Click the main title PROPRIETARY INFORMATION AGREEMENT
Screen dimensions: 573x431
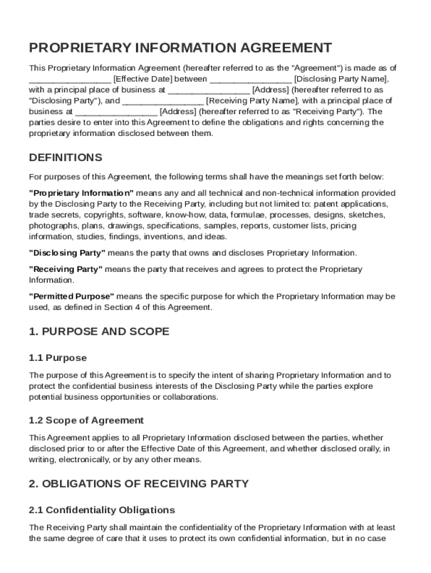tap(180, 48)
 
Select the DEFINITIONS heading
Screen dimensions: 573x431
tap(65, 157)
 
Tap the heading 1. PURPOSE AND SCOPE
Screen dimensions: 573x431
tap(99, 332)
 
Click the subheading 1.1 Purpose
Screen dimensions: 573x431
tap(58, 358)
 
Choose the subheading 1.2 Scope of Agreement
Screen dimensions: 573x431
tap(86, 420)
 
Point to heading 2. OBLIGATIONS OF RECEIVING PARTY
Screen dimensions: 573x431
tap(139, 483)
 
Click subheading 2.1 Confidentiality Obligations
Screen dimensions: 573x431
tap(102, 510)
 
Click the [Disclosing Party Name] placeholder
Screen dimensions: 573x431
tap(340, 79)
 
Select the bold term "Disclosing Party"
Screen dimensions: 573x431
tap(67, 252)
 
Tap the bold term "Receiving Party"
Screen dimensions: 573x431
tap(65, 269)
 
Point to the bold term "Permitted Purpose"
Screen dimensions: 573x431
tap(71, 296)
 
